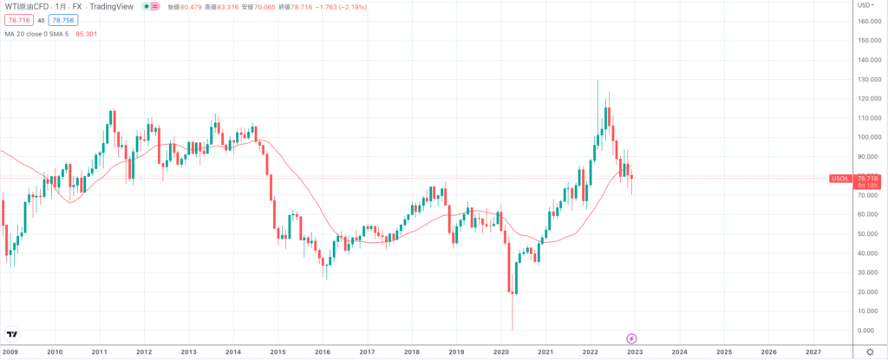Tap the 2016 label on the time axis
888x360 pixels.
point(322,352)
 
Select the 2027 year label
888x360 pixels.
point(813,352)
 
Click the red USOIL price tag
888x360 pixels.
point(839,178)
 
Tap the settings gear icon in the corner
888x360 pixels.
point(870,352)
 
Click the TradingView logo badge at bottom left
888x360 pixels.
point(12,334)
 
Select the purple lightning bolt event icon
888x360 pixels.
point(631,337)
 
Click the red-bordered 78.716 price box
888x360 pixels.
point(18,19)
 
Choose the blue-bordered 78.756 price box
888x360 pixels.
point(62,19)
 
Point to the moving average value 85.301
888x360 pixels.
point(87,34)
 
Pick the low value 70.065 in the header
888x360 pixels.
point(283,6)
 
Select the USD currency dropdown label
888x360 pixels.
point(865,6)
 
